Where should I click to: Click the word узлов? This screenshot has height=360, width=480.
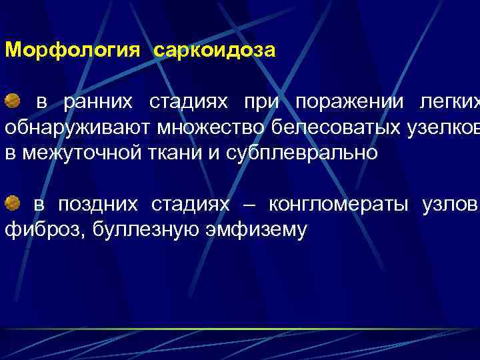449,204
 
